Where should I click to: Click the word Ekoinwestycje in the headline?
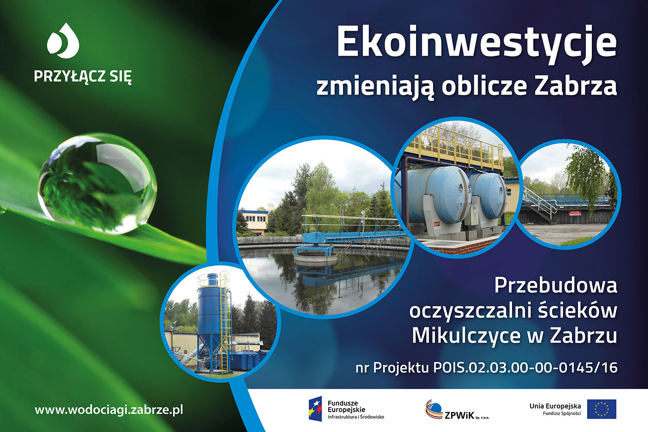(x=476, y=45)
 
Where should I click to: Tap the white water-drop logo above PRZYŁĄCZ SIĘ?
(x=63, y=41)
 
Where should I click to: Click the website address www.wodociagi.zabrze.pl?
(x=109, y=410)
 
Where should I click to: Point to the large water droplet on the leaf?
(x=97, y=183)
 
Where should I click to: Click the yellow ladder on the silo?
(x=225, y=321)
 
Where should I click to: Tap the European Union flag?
(x=601, y=409)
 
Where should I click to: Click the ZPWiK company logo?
(x=457, y=410)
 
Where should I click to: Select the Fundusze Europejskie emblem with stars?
(x=315, y=409)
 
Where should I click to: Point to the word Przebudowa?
(x=556, y=285)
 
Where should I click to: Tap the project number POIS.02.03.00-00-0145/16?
(x=525, y=368)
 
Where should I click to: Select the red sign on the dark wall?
(x=575, y=213)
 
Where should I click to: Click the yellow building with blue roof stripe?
(x=254, y=221)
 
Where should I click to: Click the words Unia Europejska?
(x=555, y=406)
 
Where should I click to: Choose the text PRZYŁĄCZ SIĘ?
(x=83, y=76)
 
